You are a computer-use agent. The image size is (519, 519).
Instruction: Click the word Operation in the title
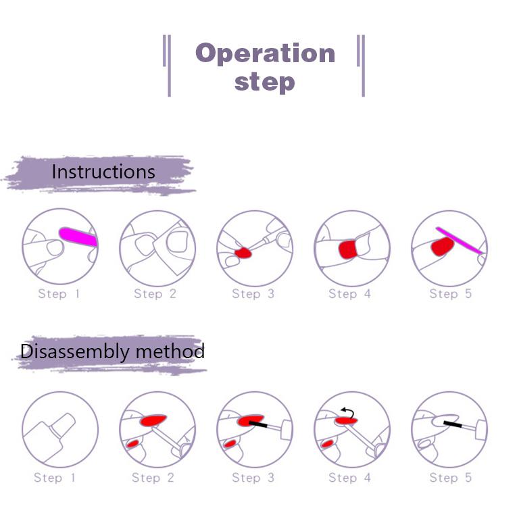265,53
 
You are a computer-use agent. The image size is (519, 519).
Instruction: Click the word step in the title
264,82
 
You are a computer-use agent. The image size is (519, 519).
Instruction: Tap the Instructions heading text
103,172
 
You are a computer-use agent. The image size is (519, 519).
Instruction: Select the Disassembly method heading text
112,351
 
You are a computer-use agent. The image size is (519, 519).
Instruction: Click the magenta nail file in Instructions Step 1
78,236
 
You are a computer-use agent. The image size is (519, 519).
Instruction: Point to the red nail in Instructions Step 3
243,253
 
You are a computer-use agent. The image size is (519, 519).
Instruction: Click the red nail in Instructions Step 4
347,249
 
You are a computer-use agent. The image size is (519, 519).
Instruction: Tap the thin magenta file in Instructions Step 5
459,241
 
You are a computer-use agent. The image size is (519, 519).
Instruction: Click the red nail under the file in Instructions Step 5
442,246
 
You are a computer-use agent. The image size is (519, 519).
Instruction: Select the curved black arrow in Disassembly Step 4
348,412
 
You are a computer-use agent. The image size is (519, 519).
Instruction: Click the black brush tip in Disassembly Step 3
258,424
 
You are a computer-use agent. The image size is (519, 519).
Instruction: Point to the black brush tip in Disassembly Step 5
453,424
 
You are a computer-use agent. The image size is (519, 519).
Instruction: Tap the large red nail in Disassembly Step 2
153,420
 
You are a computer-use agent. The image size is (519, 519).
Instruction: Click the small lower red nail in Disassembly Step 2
132,443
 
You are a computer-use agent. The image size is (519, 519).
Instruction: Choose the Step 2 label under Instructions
155,294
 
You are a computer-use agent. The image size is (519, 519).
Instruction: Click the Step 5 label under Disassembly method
451,478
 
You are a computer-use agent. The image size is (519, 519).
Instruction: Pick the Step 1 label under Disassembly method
55,478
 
